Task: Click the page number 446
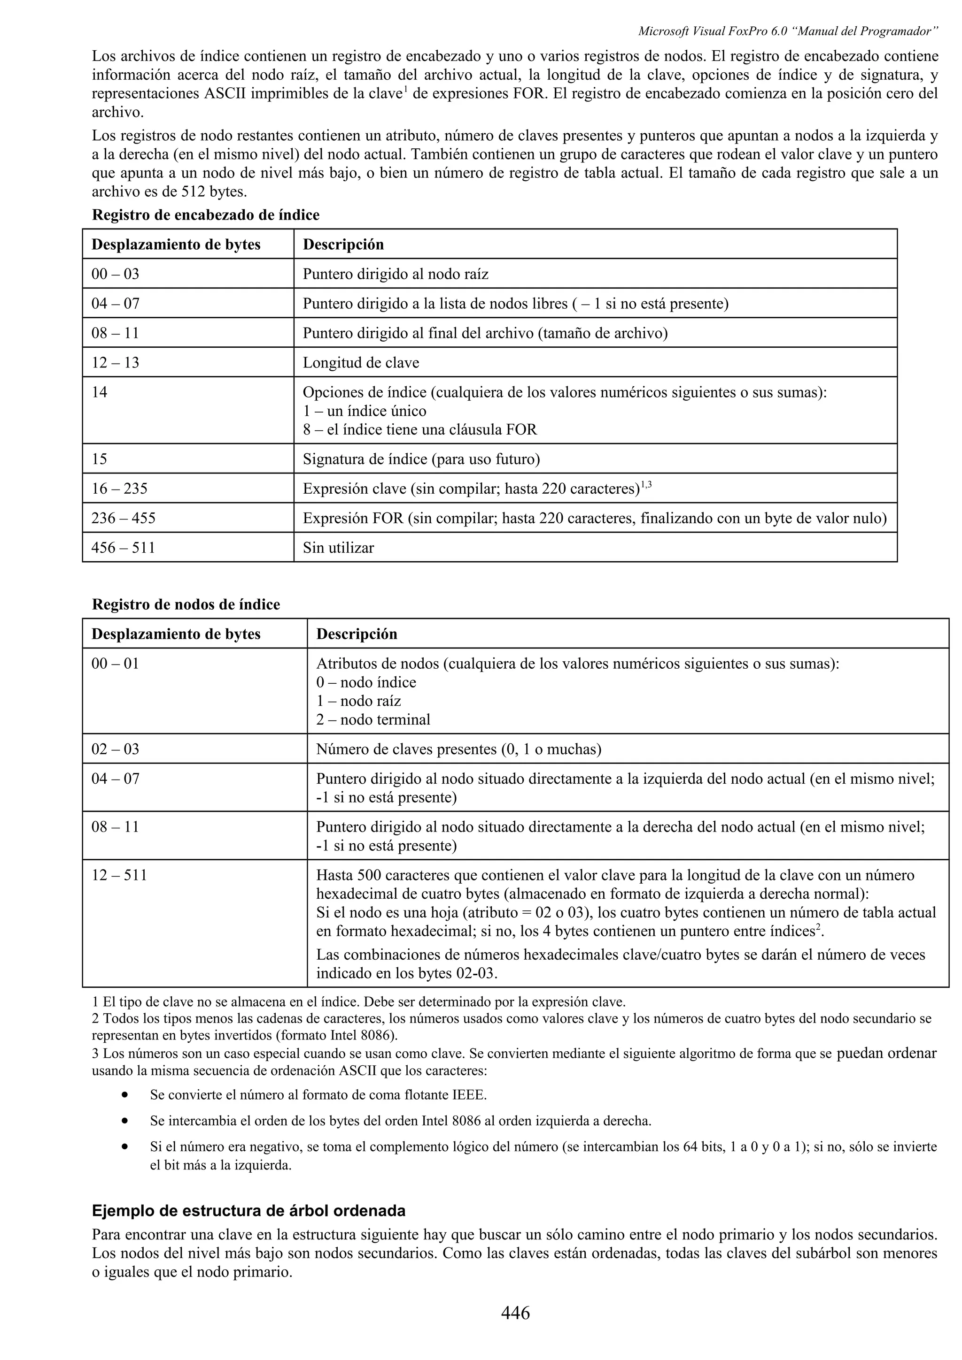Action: coord(515,1313)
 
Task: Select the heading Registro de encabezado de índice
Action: coord(206,215)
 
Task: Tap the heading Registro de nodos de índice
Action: coord(186,605)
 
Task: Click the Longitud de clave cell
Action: coord(361,362)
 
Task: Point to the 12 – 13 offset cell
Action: coord(115,362)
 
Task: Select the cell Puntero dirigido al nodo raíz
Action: coord(396,274)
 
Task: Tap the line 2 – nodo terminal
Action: coord(373,720)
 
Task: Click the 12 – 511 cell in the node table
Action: coord(119,876)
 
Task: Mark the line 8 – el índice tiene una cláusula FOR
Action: coord(419,429)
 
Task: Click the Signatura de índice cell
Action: coord(421,459)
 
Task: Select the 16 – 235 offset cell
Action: coord(119,489)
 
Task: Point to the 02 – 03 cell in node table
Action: coord(115,749)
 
